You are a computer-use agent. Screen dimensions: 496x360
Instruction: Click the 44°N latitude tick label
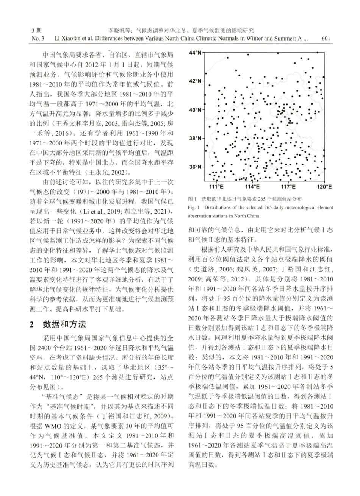point(195,52)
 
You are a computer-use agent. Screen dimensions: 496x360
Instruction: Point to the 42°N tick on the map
point(195,81)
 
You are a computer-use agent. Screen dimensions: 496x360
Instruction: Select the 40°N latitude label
point(195,110)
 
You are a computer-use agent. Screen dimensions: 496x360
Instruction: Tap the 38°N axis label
point(195,139)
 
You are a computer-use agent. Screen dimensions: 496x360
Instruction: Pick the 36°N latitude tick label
point(195,167)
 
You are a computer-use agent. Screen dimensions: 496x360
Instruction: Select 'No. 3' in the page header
point(38,38)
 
